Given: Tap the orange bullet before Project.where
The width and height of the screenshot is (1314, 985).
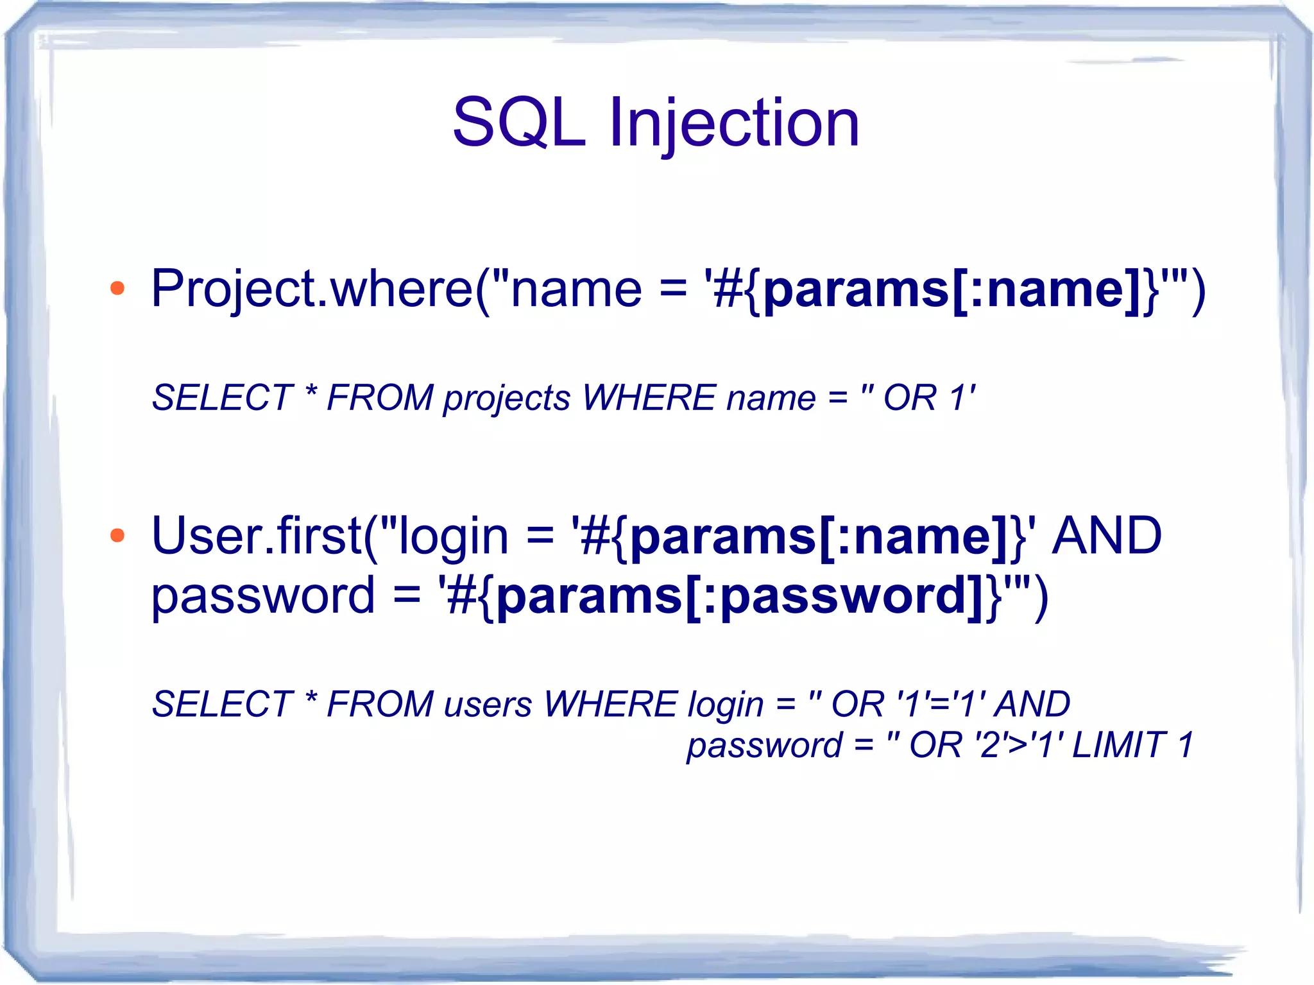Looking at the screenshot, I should (x=117, y=289).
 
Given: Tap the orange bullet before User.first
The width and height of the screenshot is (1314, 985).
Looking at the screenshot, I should (x=117, y=535).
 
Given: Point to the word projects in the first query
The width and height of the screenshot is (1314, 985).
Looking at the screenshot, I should (x=506, y=398).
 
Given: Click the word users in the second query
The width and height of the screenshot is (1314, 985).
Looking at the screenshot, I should (x=488, y=705).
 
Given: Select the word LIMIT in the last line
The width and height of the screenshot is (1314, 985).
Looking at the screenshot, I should (x=1118, y=746).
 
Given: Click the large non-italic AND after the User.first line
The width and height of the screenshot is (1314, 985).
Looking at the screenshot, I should (x=1106, y=536).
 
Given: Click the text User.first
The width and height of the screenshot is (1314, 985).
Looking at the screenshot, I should (x=257, y=536).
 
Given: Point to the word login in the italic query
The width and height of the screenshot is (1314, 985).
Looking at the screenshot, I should (x=725, y=705).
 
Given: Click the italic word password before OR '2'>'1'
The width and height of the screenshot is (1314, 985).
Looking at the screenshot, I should (x=764, y=746).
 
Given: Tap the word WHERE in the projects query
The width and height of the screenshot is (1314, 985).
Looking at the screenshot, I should (x=648, y=398).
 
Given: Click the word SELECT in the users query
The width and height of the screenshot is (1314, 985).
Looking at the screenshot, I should (x=222, y=705).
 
